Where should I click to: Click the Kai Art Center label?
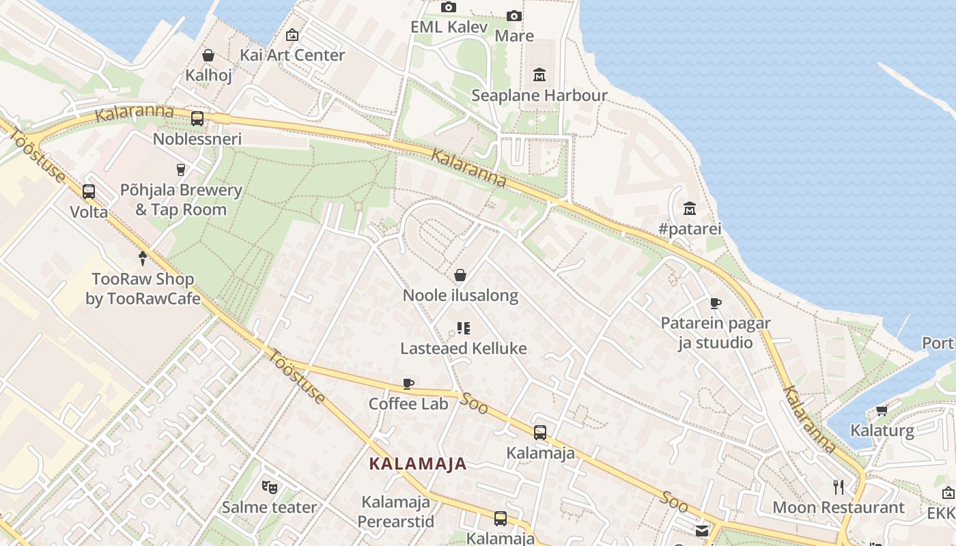coord(292,55)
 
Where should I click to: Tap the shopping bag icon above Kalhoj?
coord(208,55)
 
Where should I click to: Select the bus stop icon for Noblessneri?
coord(197,118)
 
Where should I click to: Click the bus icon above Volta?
coord(89,192)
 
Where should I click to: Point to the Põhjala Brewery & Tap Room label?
coord(181,199)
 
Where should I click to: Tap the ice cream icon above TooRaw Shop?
coord(142,259)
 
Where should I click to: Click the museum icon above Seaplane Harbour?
coord(539,74)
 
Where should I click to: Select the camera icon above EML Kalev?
coord(448,8)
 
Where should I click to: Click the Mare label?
coord(514,35)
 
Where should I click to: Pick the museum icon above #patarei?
coord(689,208)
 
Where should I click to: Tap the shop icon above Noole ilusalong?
coord(460,275)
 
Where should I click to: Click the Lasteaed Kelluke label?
coord(463,349)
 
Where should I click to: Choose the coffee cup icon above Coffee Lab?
coord(408,384)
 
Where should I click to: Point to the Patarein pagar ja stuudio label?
coord(715,332)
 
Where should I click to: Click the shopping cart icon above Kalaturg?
coord(882,410)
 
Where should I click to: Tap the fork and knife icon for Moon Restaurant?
coord(839,487)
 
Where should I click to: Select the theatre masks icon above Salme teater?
coord(270,487)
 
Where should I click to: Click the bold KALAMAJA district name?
coord(418,464)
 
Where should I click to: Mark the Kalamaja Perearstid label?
coord(396,512)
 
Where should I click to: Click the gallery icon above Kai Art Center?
coord(292,35)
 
